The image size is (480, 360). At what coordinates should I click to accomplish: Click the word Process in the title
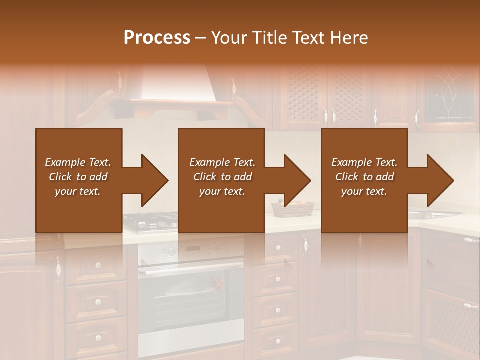coord(157,38)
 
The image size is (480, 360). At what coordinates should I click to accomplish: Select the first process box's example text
coord(78,177)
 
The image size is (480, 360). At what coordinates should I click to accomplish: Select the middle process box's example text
coord(222,177)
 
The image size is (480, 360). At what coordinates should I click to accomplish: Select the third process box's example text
coord(364,177)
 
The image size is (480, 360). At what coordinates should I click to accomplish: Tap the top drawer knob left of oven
coord(98,264)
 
